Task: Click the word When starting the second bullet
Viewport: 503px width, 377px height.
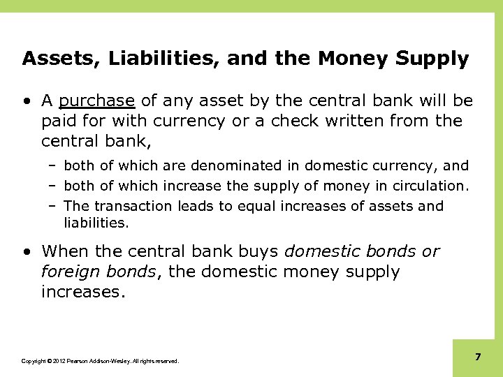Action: [x=67, y=251]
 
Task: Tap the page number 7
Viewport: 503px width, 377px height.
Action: [x=478, y=357]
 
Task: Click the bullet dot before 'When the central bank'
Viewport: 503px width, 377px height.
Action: [x=26, y=251]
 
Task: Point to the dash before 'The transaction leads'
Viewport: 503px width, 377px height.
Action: [x=53, y=205]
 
